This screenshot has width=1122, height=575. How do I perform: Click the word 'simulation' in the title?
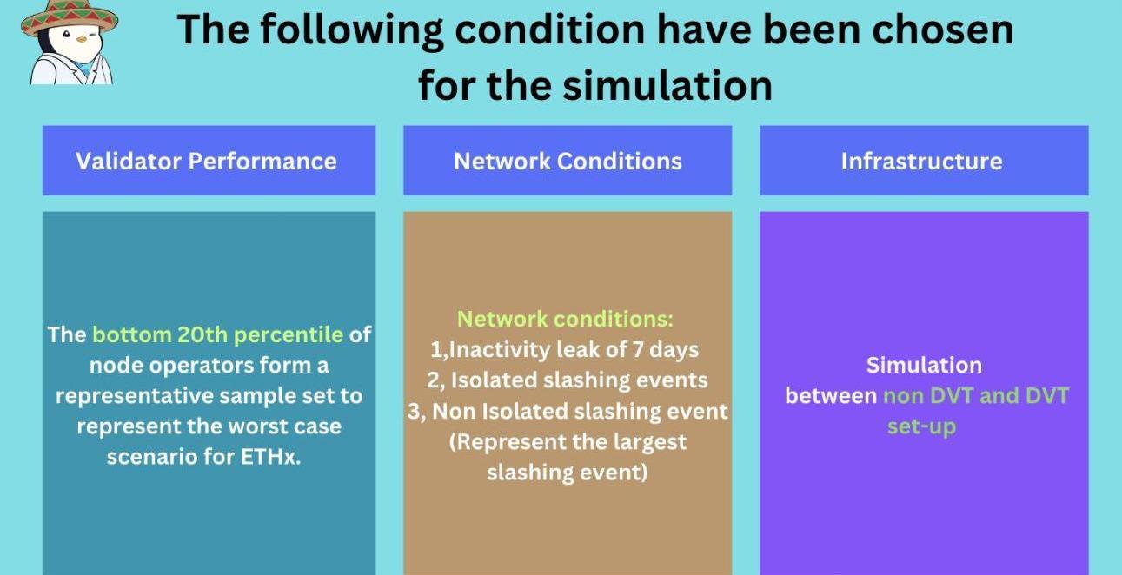667,85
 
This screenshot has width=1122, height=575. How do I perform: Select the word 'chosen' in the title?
943,29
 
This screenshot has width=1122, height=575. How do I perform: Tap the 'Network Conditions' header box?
568,160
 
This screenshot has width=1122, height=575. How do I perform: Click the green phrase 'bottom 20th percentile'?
218,334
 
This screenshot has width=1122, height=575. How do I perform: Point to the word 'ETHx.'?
270,456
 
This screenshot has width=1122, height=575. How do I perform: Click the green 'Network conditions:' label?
566,319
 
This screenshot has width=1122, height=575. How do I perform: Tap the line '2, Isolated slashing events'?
568,380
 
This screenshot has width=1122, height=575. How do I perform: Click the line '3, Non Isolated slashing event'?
568,411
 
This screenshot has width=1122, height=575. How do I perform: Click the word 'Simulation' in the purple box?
924,365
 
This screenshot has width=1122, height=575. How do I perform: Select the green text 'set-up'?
921,426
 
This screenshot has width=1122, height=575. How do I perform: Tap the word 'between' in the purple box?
831,396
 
